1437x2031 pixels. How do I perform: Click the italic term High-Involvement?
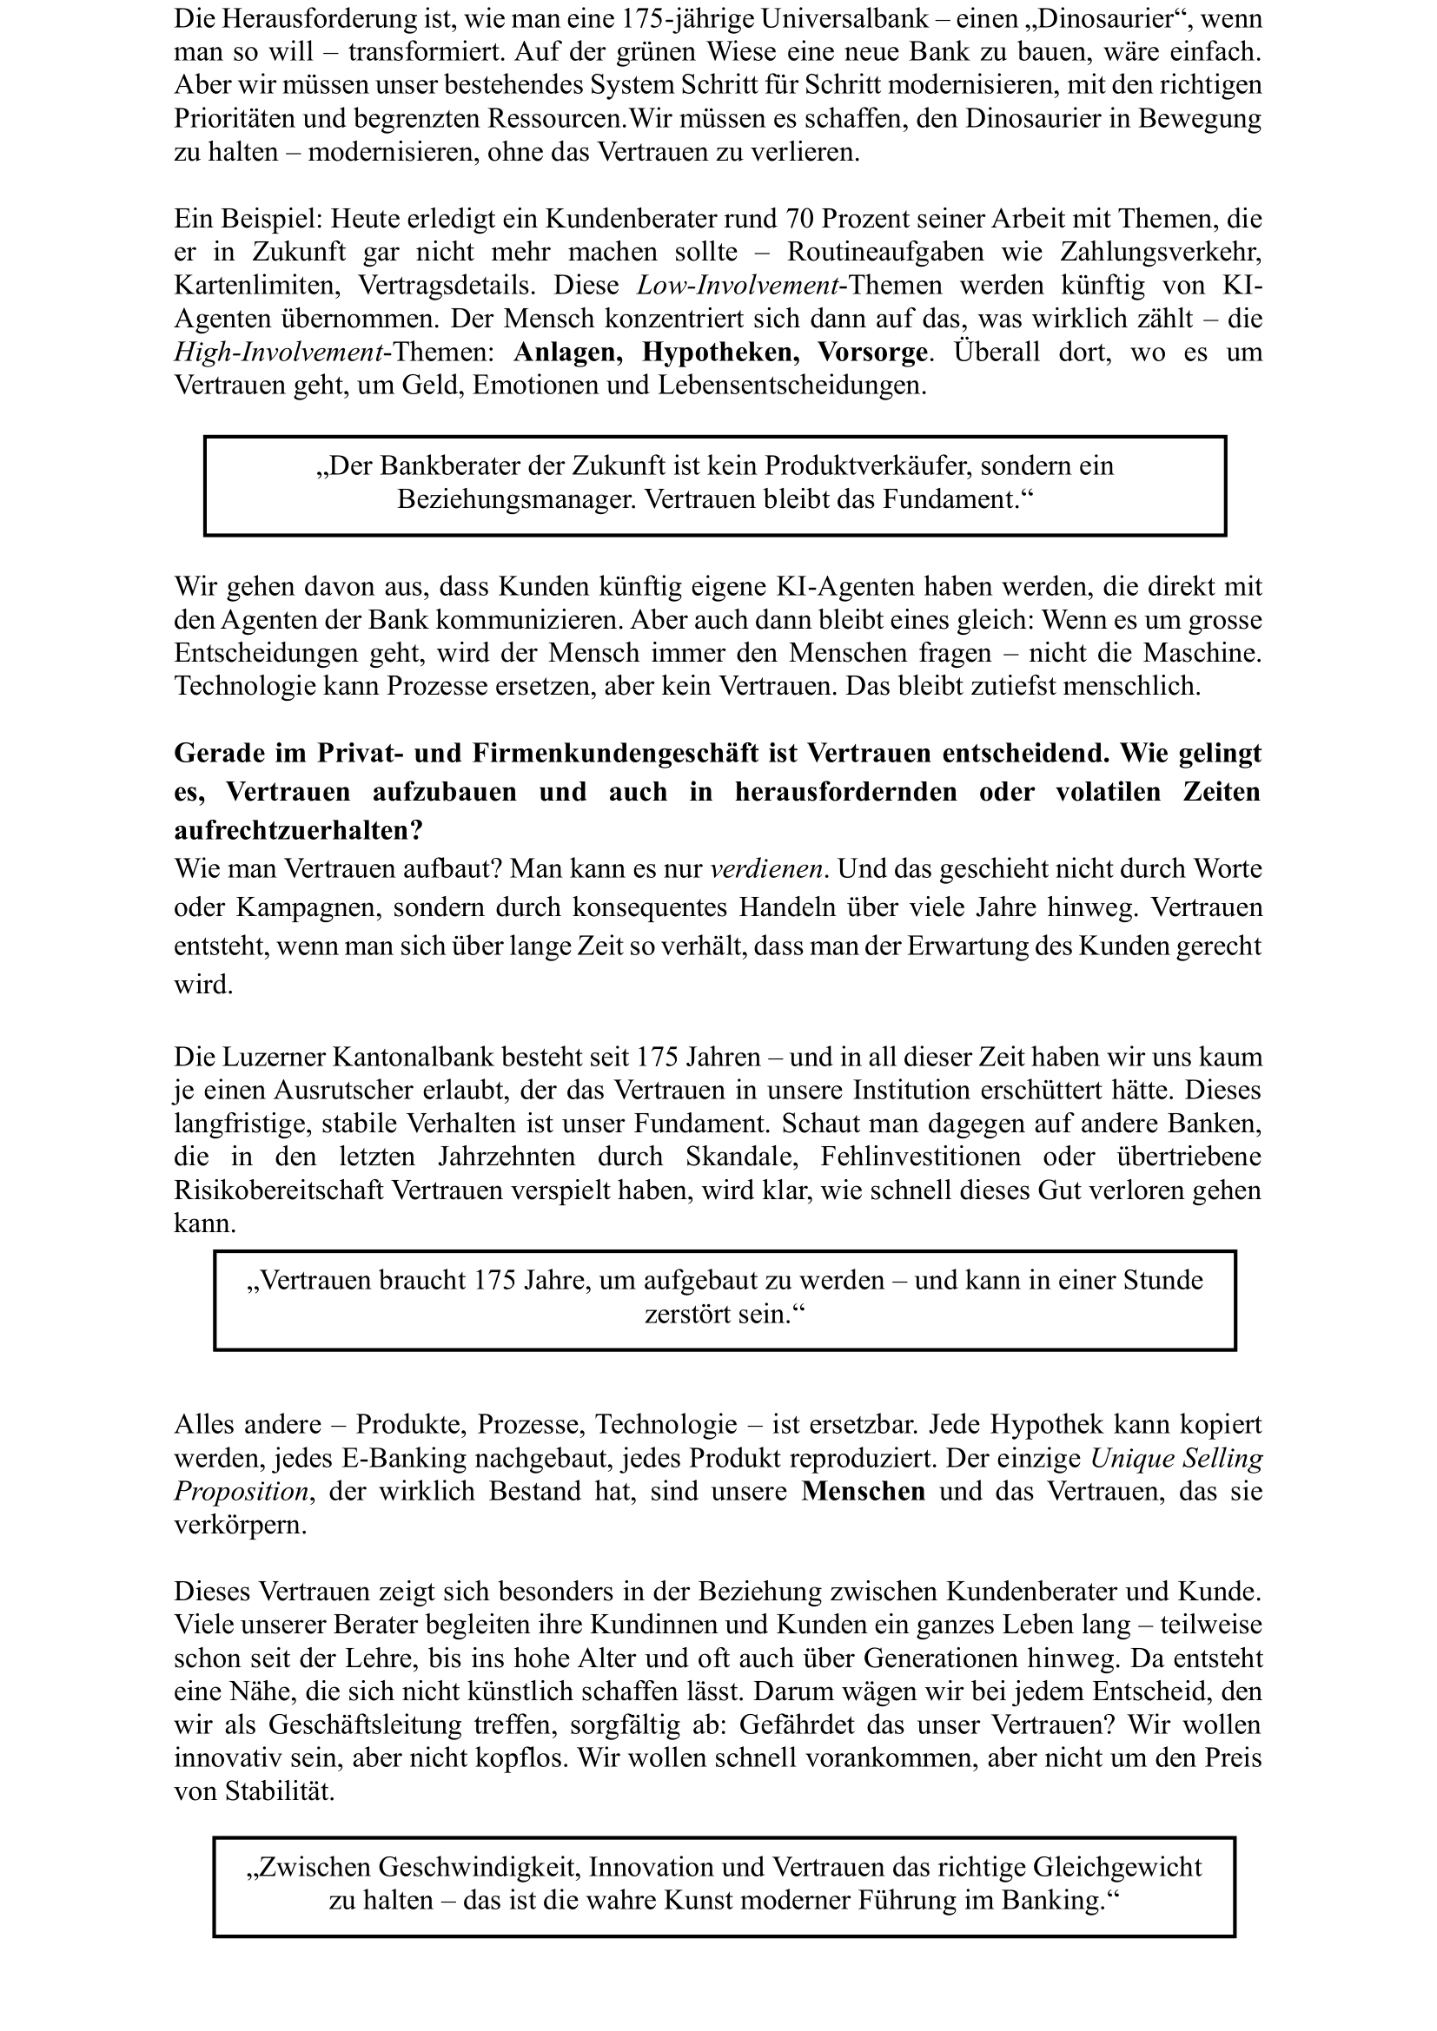(279, 353)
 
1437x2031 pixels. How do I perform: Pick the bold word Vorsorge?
(872, 353)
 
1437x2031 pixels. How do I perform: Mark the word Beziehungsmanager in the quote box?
(516, 500)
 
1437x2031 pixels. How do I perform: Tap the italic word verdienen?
(767, 868)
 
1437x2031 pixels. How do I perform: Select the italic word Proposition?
(241, 1492)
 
